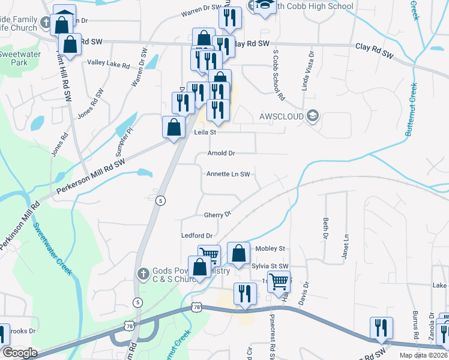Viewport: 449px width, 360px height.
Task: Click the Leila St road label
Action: coord(205,133)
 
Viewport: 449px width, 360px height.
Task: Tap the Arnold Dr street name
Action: coord(221,154)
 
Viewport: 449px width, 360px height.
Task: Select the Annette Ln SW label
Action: coord(228,174)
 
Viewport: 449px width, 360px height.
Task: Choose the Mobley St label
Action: coord(270,248)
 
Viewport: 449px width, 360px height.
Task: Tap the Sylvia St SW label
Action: coord(270,266)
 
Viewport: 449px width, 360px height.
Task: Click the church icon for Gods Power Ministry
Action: coord(143,274)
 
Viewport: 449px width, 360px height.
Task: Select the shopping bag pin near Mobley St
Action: coord(239,253)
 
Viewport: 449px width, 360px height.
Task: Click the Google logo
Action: coord(20,353)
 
